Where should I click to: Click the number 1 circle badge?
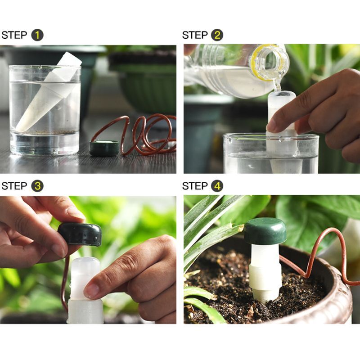[x=37, y=35]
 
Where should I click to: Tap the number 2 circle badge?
[x=217, y=35]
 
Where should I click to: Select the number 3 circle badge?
[x=37, y=186]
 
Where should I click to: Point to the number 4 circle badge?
[x=217, y=186]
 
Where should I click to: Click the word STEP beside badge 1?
[x=14, y=35]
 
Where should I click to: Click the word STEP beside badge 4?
[x=195, y=186]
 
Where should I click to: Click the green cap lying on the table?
[x=104, y=148]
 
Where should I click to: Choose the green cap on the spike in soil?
[x=265, y=231]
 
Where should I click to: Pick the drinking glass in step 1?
[x=45, y=110]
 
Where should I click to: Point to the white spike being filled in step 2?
[x=281, y=130]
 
